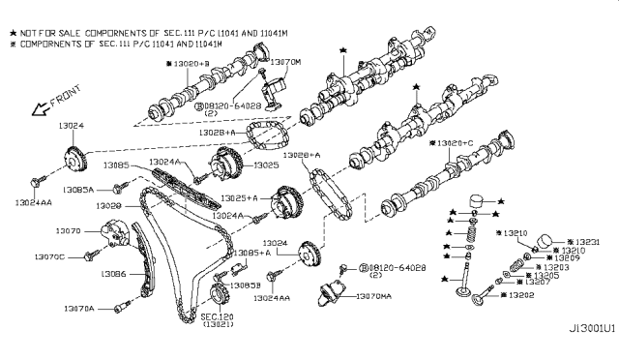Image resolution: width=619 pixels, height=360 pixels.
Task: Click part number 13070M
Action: (287, 62)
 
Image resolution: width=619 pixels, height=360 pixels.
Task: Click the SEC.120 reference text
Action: (217, 316)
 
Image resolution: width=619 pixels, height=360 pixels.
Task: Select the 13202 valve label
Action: (521, 294)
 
